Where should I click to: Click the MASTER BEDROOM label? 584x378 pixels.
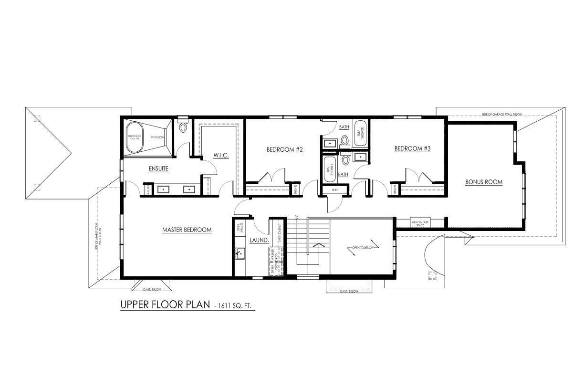tap(187, 230)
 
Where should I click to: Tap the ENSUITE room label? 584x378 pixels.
tap(158, 168)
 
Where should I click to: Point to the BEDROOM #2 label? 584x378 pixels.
tap(284, 149)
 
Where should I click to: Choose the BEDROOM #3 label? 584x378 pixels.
tap(412, 148)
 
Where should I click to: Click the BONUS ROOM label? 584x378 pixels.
tap(484, 182)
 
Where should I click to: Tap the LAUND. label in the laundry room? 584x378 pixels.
tap(259, 241)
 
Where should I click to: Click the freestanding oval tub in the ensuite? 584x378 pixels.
tap(134, 137)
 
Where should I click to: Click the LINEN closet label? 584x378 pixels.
tap(334, 190)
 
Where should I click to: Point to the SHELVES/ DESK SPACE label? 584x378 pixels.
tap(420, 223)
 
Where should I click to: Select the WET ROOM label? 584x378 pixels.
tap(157, 137)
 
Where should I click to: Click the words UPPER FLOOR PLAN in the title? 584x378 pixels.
tap(164, 304)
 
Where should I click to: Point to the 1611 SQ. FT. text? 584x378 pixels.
tap(237, 306)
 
